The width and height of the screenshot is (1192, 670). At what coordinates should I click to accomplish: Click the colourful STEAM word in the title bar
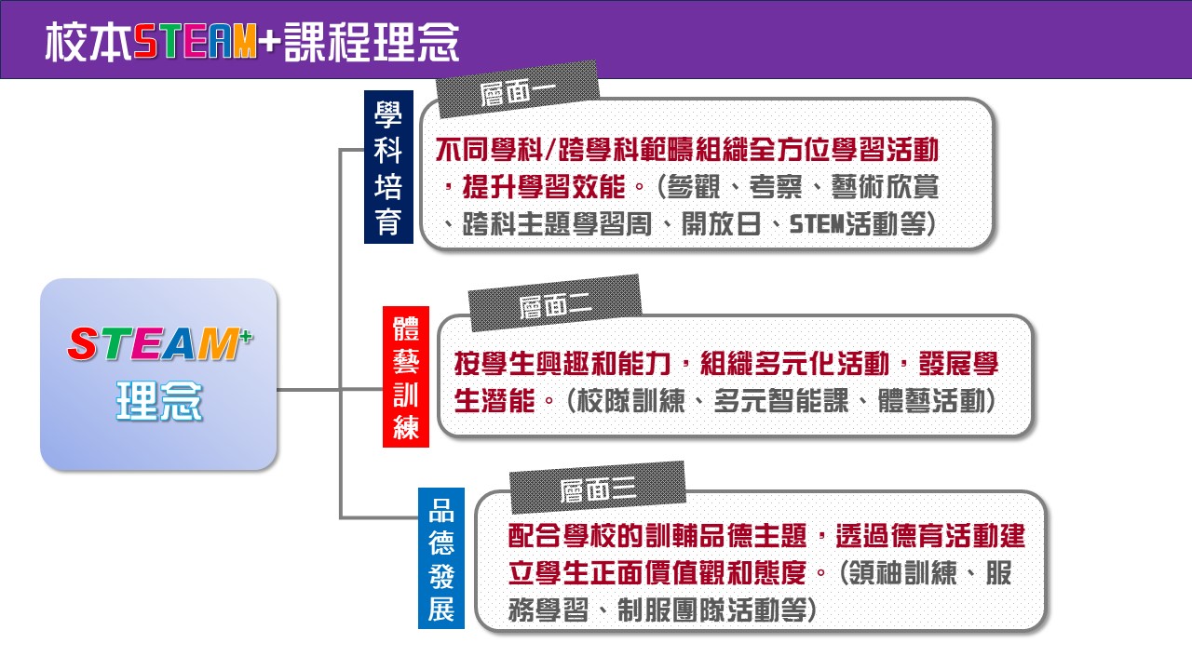pyautogui.click(x=195, y=42)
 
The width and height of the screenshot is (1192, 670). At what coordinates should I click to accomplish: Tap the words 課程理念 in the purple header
pyautogui.click(x=372, y=42)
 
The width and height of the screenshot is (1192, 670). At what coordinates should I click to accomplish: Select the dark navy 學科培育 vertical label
pyautogui.click(x=388, y=167)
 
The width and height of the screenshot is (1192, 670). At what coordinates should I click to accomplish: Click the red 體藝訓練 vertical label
pyautogui.click(x=405, y=377)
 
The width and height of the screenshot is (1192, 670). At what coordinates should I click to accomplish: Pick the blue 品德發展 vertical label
pyautogui.click(x=441, y=557)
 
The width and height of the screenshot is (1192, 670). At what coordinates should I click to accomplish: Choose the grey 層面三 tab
pyautogui.click(x=598, y=488)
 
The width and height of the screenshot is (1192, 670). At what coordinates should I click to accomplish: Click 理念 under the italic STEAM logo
pyautogui.click(x=159, y=401)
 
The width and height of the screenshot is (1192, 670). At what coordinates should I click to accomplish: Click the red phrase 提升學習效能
pyautogui.click(x=543, y=187)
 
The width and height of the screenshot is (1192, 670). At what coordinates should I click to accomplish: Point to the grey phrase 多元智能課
pyautogui.click(x=781, y=400)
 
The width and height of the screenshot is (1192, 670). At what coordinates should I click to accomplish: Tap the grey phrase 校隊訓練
pyautogui.click(x=631, y=400)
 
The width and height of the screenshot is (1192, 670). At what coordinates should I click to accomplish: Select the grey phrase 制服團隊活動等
pyautogui.click(x=712, y=610)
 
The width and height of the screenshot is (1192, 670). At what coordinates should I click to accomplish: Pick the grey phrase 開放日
pyautogui.click(x=721, y=224)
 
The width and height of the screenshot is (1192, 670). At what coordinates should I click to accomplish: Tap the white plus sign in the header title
pyautogui.click(x=270, y=42)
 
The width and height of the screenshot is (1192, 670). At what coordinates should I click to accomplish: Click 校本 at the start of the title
pyautogui.click(x=88, y=42)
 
